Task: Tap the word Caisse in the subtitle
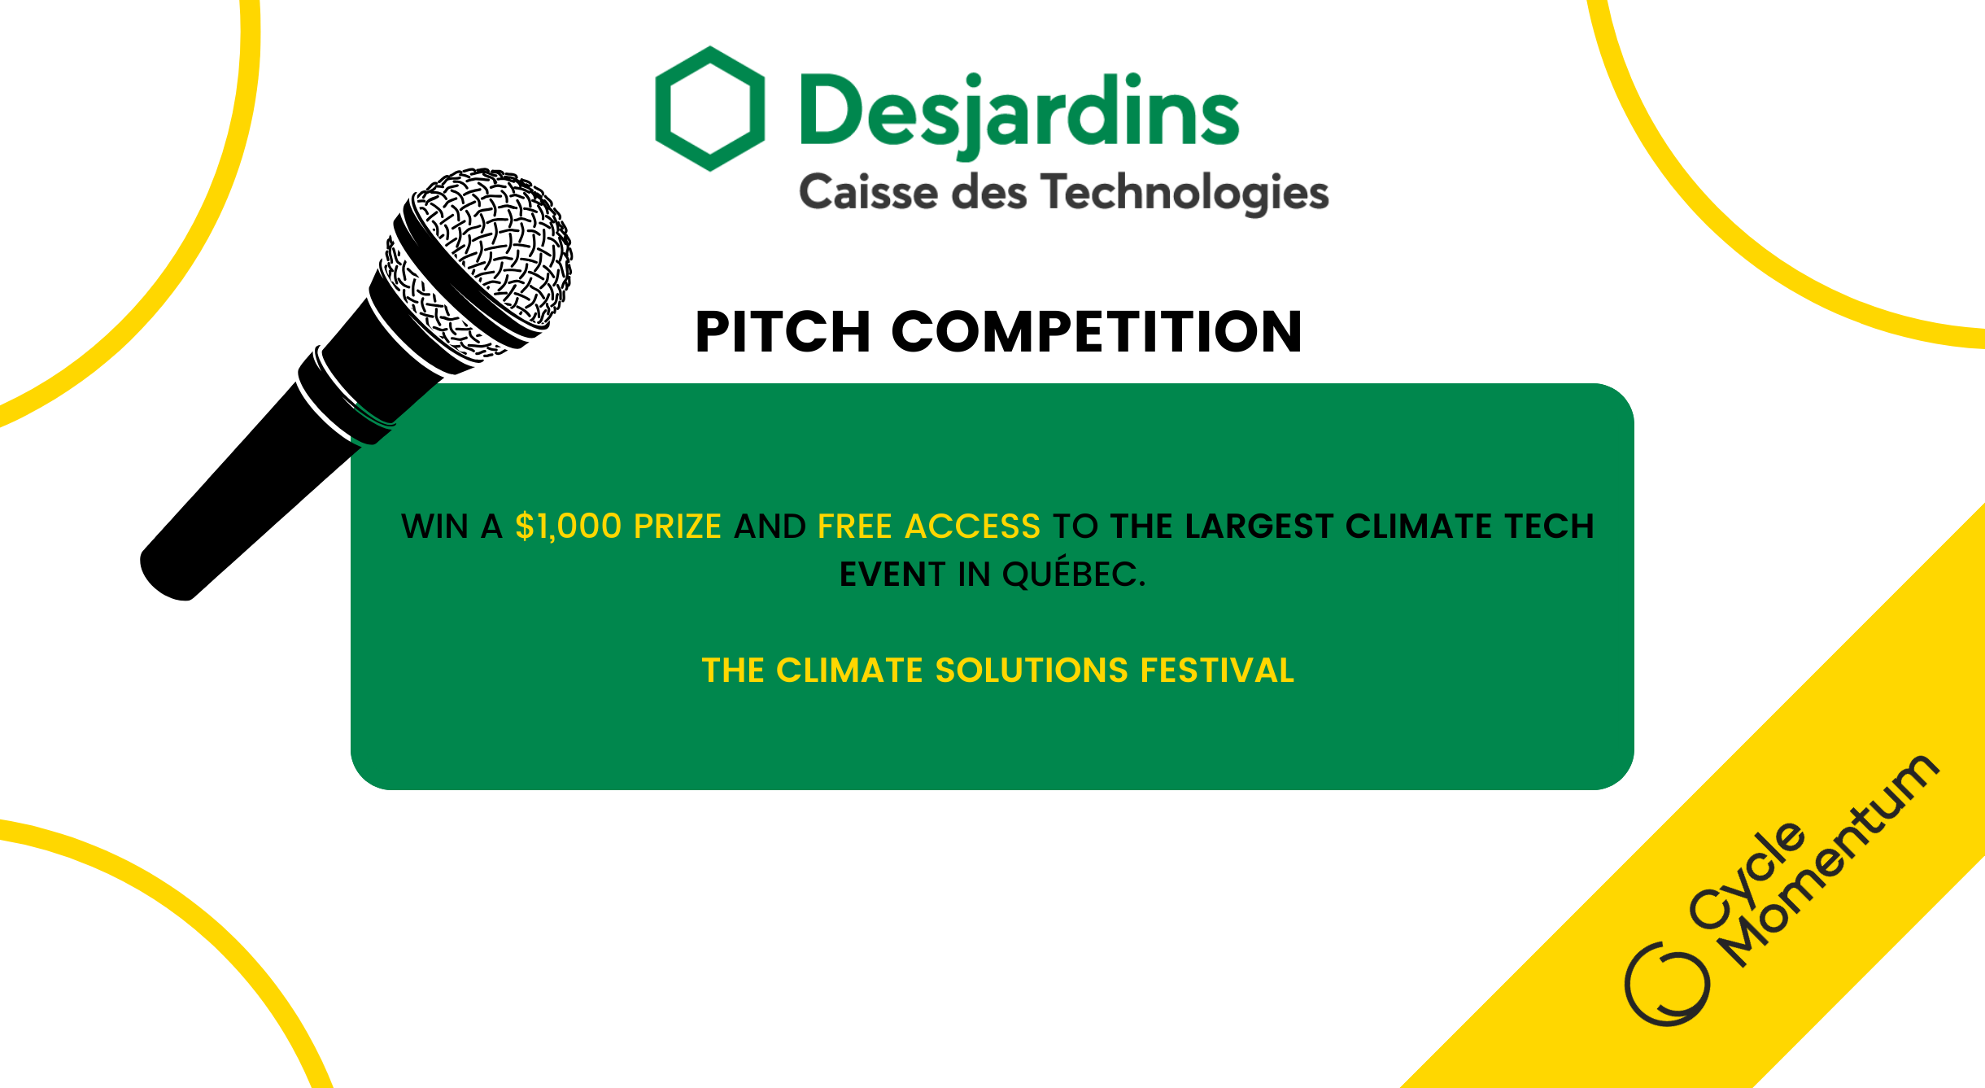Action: point(868,192)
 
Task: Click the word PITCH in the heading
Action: point(783,332)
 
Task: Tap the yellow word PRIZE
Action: point(678,527)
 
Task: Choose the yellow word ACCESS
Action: point(972,527)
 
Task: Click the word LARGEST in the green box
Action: point(1259,527)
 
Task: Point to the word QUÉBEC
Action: point(1074,573)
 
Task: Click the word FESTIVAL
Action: point(1217,671)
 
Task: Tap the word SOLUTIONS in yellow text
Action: point(1032,671)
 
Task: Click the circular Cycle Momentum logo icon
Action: point(1667,983)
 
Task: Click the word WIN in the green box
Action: point(435,527)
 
